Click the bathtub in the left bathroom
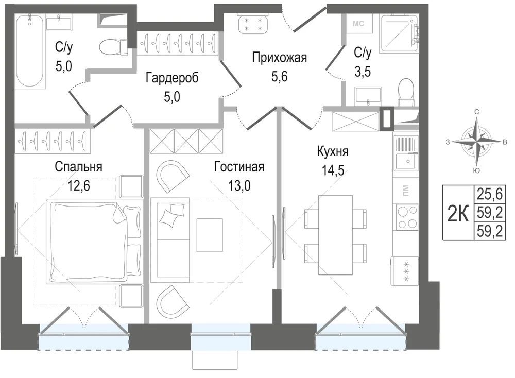pyautogui.click(x=30, y=51)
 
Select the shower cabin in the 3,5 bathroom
pyautogui.click(x=400, y=33)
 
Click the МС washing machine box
pyautogui.click(x=358, y=23)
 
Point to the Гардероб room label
pyautogui.click(x=172, y=78)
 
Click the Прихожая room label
pyautogui.click(x=280, y=58)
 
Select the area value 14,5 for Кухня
pyautogui.click(x=333, y=170)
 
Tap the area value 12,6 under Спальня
pyautogui.click(x=78, y=186)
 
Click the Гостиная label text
pyautogui.click(x=239, y=167)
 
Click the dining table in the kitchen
pyautogui.click(x=335, y=235)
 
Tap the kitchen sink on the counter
pyautogui.click(x=407, y=153)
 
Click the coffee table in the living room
pyautogui.click(x=210, y=235)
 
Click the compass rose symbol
pyautogui.click(x=476, y=142)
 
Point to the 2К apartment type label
pyautogui.click(x=458, y=213)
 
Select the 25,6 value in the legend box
pyautogui.click(x=490, y=195)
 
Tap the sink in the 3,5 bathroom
pyautogui.click(x=368, y=96)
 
